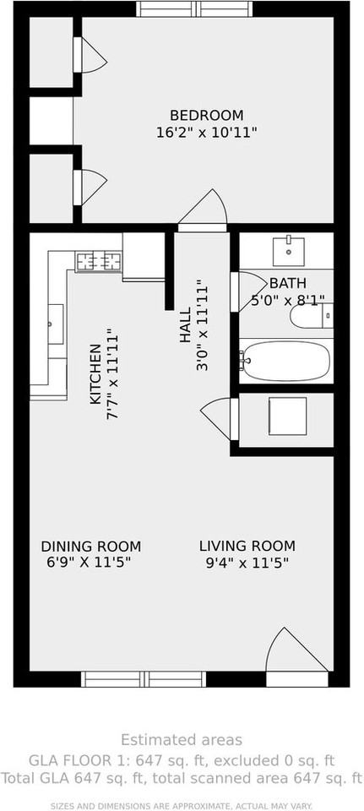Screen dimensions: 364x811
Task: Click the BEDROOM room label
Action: pyautogui.click(x=207, y=115)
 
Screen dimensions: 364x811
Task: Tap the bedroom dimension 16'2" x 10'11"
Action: pyautogui.click(x=207, y=133)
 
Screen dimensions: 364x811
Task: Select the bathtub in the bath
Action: pyautogui.click(x=286, y=361)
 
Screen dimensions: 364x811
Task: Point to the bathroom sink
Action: pyautogui.click(x=288, y=250)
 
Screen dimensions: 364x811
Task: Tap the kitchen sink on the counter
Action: pyautogui.click(x=56, y=324)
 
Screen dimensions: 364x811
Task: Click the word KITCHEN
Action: pyautogui.click(x=95, y=374)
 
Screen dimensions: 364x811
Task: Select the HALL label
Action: pyautogui.click(x=185, y=324)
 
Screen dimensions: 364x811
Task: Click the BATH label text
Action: pyautogui.click(x=288, y=283)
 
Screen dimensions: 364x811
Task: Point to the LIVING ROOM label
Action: pyautogui.click(x=247, y=546)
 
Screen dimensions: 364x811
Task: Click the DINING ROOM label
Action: pyautogui.click(x=91, y=547)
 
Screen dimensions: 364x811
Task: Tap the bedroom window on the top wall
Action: pyautogui.click(x=194, y=8)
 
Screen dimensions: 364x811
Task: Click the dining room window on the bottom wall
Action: pyautogui.click(x=144, y=679)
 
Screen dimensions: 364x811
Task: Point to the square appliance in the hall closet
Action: pyautogui.click(x=287, y=416)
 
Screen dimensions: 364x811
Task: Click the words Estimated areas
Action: pyautogui.click(x=182, y=740)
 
